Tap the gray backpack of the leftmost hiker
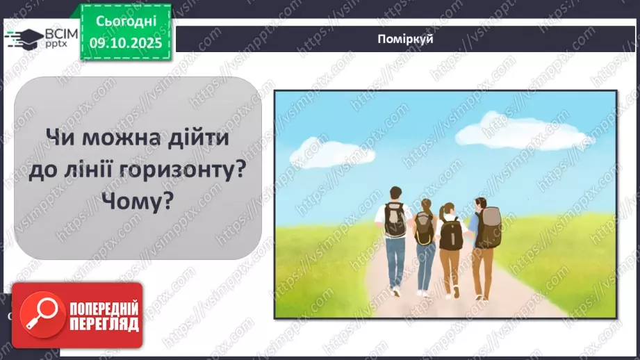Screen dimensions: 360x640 coord(395,220)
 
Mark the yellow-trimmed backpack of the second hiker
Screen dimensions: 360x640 coord(424,228)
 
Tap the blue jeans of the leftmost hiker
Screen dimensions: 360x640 coord(395,261)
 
